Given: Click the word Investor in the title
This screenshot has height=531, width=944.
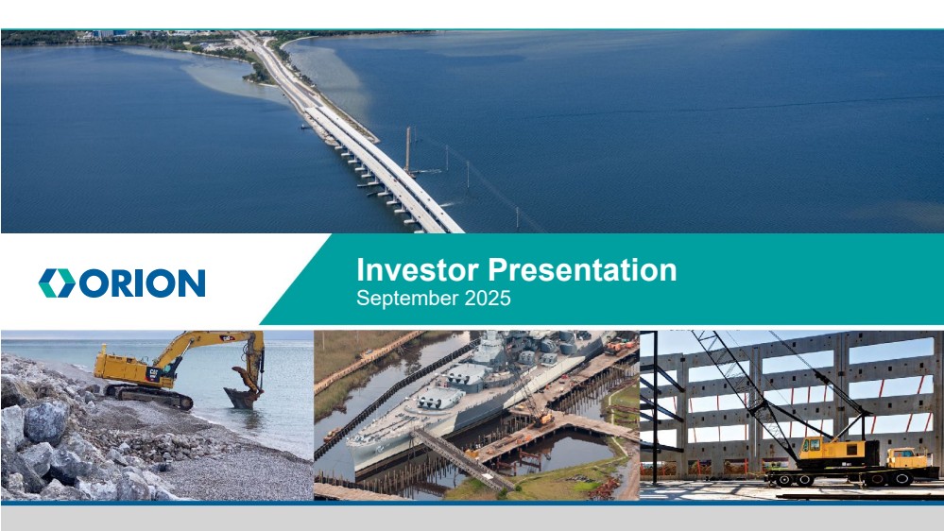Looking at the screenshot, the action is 418,269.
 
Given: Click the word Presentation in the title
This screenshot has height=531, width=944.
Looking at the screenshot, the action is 582,269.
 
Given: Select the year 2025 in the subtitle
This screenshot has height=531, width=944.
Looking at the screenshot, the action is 488,298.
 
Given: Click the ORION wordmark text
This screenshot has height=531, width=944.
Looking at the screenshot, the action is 142,283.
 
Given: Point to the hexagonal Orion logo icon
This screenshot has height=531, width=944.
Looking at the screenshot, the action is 58,283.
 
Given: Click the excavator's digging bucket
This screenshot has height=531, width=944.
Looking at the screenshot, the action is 242,398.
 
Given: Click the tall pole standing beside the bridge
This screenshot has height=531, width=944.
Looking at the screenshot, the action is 407,150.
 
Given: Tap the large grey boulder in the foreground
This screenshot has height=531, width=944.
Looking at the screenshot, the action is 44,422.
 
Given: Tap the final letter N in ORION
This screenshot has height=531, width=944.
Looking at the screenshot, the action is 192,283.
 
